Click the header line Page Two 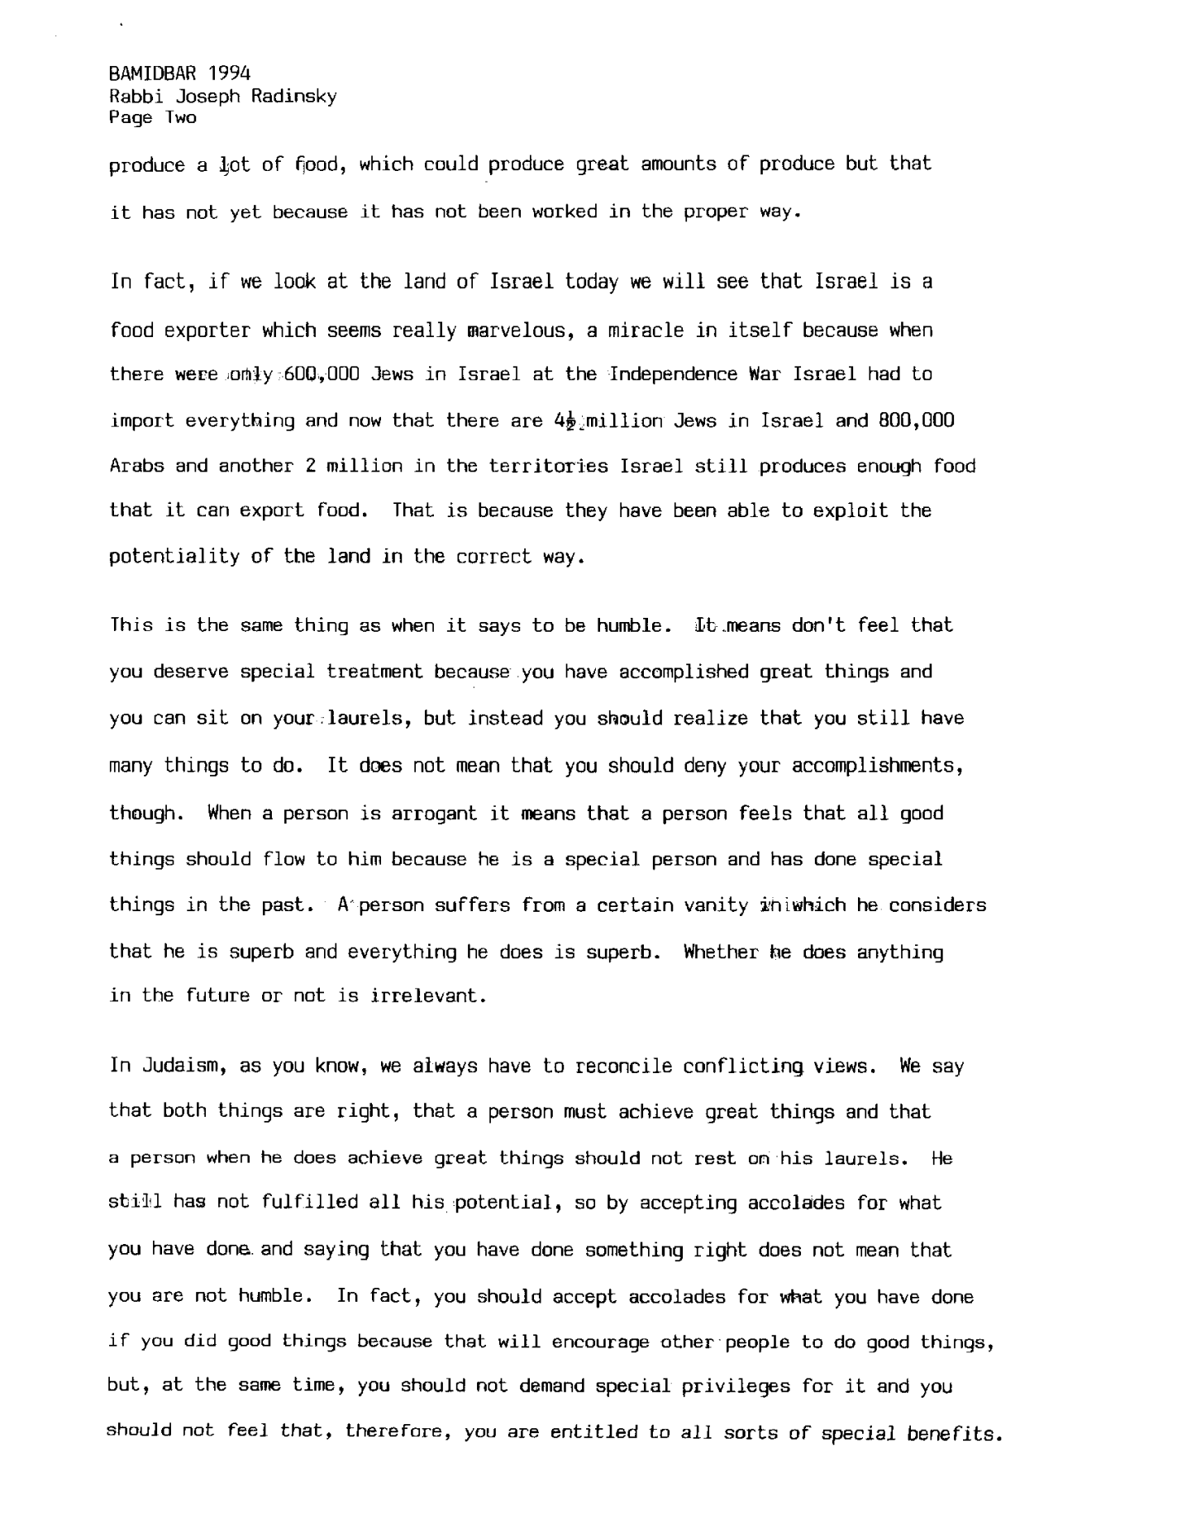[x=153, y=118]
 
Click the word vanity [x=716, y=905]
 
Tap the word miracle [x=647, y=330]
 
